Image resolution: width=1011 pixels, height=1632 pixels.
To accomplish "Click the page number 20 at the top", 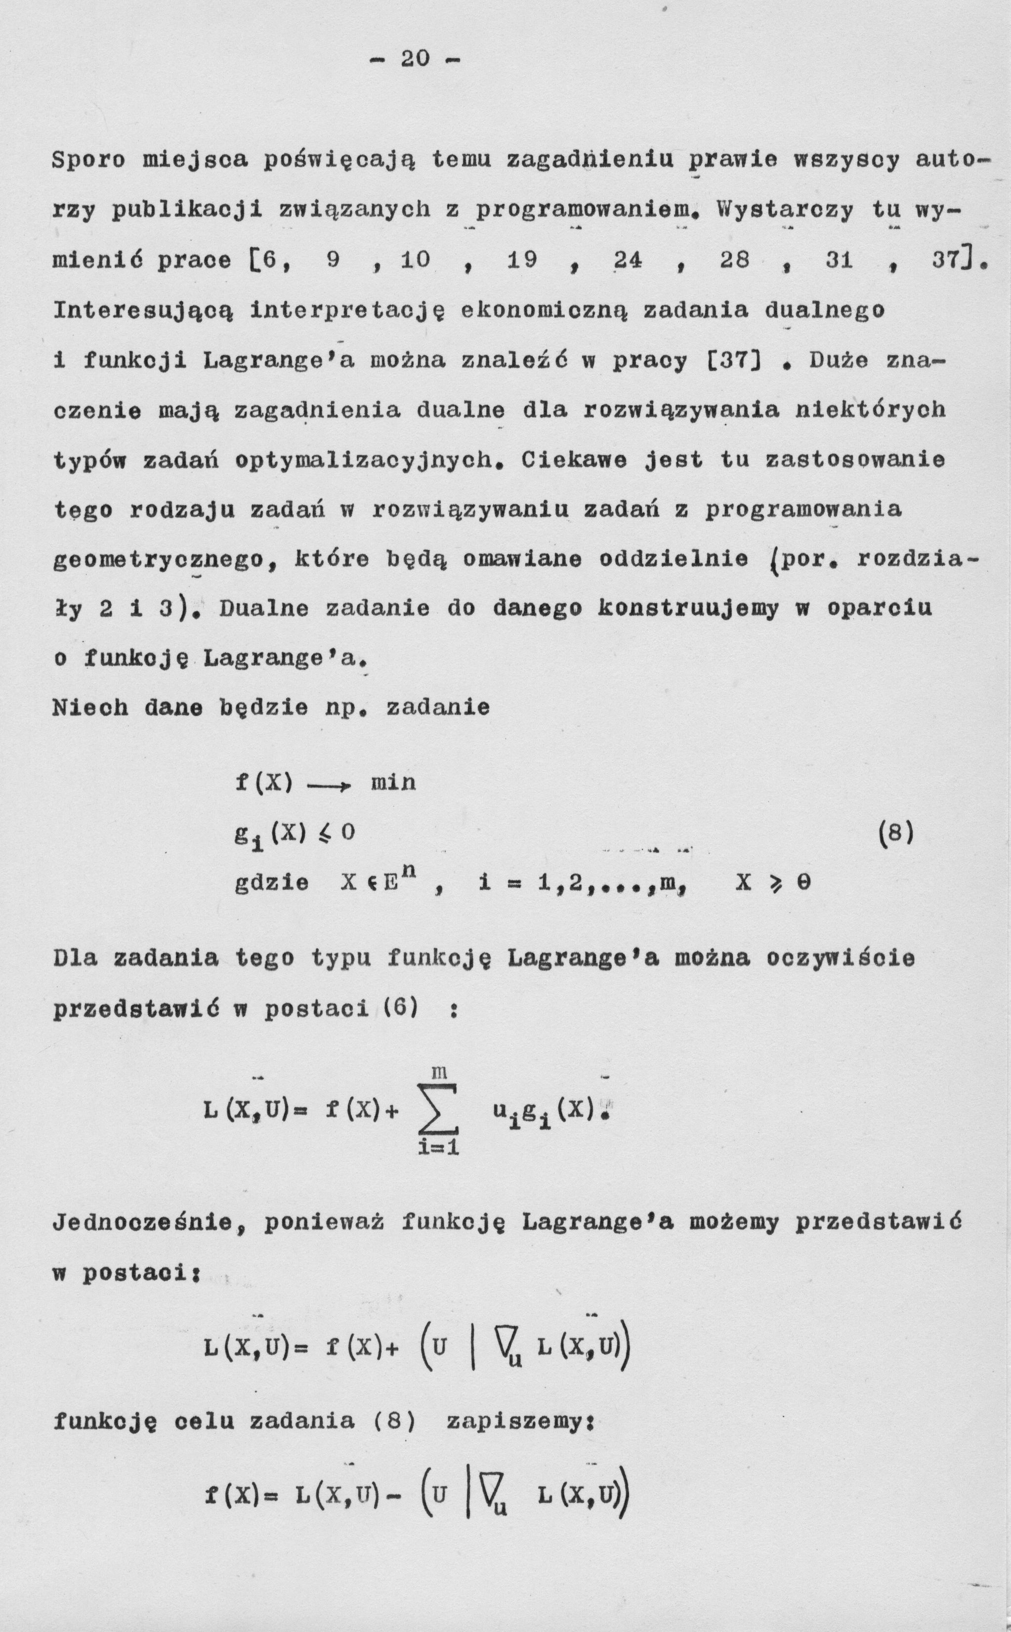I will click(x=415, y=59).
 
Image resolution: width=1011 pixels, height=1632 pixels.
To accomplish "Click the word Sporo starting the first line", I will click(x=89, y=161).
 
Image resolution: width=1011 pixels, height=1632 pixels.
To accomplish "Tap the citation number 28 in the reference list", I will click(x=734, y=260).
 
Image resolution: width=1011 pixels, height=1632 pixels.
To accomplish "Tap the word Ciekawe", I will click(x=574, y=460).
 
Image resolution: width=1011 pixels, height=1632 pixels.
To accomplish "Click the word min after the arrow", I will click(x=393, y=782).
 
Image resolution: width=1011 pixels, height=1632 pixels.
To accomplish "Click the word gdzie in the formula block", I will click(x=272, y=884).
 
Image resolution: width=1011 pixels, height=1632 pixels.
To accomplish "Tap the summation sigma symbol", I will click(x=439, y=1111).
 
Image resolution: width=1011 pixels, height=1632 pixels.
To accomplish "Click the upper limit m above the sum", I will click(x=439, y=1073).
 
